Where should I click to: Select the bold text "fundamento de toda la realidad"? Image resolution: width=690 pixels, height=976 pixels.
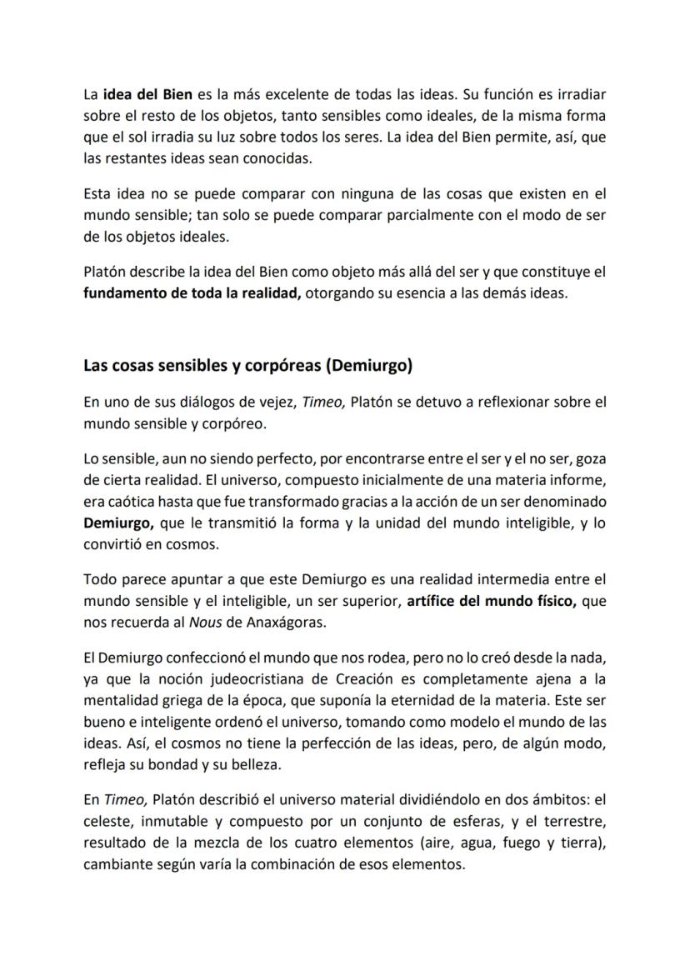(x=192, y=294)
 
